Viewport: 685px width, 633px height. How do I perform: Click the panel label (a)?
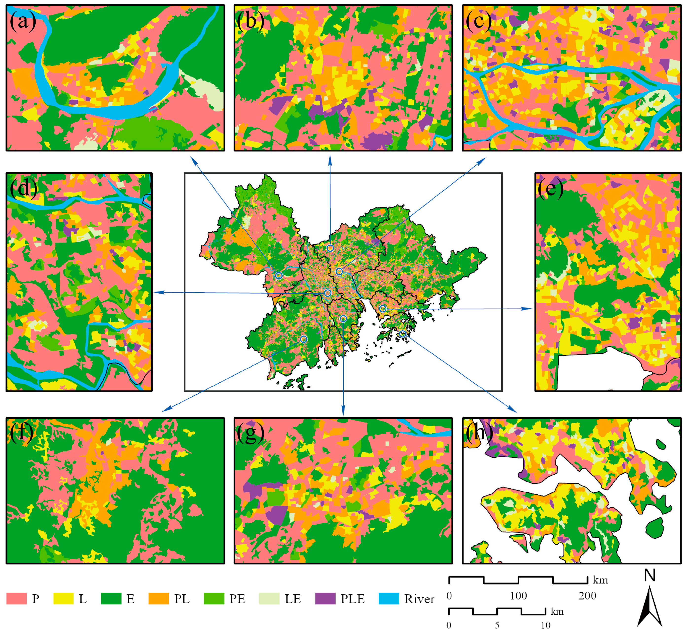(x=23, y=21)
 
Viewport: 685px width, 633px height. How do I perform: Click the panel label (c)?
(x=478, y=21)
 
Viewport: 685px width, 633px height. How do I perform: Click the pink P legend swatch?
(x=17, y=598)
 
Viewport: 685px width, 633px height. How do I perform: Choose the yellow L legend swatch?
(x=63, y=598)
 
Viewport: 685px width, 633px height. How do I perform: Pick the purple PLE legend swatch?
(x=325, y=598)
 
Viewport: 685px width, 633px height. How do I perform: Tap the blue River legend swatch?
(x=389, y=598)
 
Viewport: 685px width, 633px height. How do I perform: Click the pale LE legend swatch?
(x=269, y=598)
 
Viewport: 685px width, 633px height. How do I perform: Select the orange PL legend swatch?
(x=159, y=598)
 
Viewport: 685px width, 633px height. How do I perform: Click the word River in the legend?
(x=419, y=599)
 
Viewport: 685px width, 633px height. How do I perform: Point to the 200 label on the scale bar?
(x=587, y=596)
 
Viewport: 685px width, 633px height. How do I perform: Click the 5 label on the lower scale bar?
(x=497, y=625)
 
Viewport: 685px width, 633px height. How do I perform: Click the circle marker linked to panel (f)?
(x=303, y=339)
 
